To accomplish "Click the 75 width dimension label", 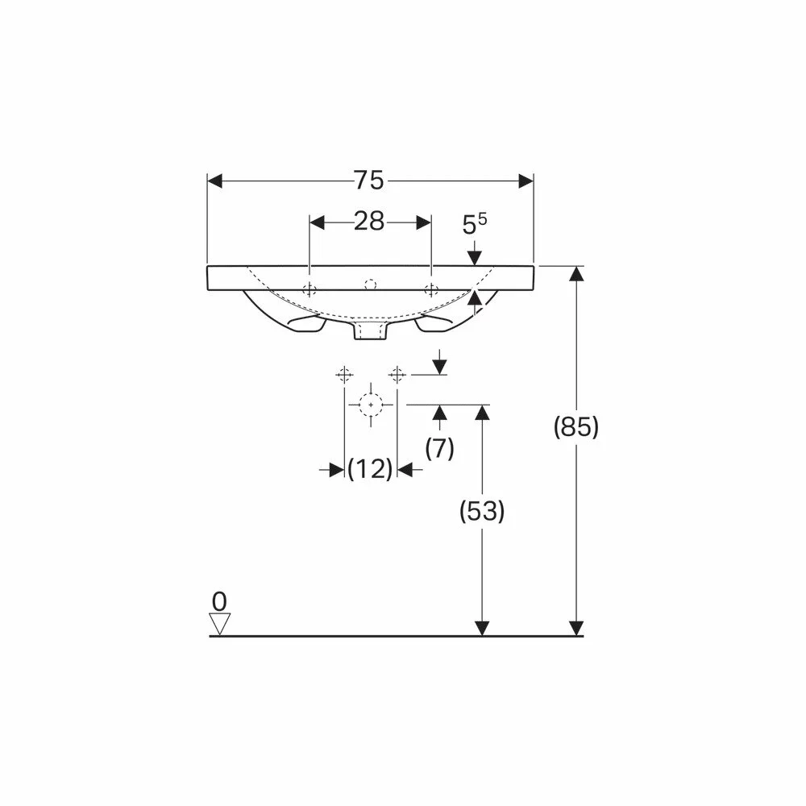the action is pyautogui.click(x=369, y=181).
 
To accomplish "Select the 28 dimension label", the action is pyautogui.click(x=369, y=222).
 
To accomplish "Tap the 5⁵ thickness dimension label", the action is pyautogui.click(x=475, y=224).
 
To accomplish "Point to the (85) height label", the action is pyautogui.click(x=576, y=427).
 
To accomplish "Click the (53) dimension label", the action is pyautogui.click(x=482, y=511).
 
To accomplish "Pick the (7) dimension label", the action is pyautogui.click(x=439, y=448).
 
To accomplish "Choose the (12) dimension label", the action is pyautogui.click(x=370, y=469).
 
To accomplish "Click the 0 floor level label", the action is pyautogui.click(x=219, y=601).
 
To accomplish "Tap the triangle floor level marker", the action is pyautogui.click(x=220, y=624).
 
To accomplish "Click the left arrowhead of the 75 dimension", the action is pyautogui.click(x=215, y=181).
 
